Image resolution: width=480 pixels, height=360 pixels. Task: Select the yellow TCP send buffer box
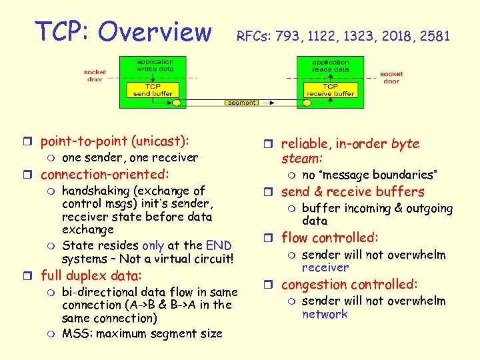point(153,89)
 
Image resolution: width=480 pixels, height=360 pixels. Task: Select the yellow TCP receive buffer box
point(330,89)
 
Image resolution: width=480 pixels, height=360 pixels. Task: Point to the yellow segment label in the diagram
point(241,103)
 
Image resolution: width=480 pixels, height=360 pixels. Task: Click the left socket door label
point(95,75)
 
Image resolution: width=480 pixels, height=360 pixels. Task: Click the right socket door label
point(391,77)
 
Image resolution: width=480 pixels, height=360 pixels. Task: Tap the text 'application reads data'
point(331,65)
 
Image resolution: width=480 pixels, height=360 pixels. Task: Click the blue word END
point(219,245)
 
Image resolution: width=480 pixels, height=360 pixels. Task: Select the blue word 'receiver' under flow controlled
point(325,267)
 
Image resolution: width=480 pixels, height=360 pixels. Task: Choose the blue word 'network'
point(325,314)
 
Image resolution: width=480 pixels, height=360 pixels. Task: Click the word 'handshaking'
point(96,191)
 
